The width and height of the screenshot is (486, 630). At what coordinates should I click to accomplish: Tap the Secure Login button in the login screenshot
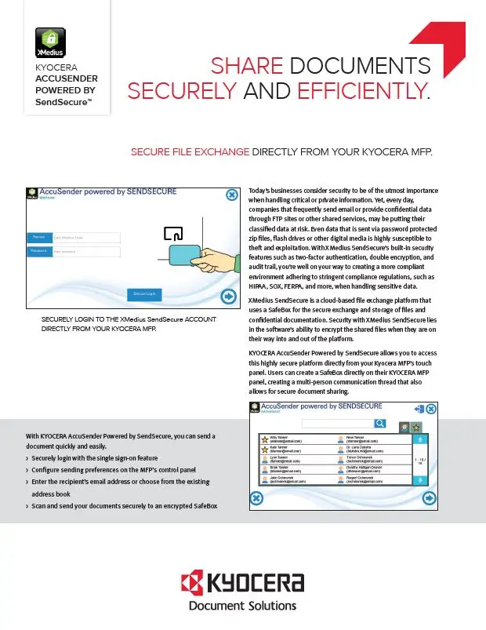click(x=144, y=293)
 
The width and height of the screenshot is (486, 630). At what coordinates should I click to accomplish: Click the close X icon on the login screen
click(x=232, y=195)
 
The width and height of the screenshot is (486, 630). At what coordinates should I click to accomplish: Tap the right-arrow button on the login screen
click(x=229, y=296)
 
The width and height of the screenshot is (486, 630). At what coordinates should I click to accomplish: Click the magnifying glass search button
click(x=379, y=424)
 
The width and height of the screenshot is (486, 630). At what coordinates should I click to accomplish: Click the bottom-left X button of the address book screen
click(x=256, y=497)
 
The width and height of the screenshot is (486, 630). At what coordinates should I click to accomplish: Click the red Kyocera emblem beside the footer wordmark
click(x=192, y=584)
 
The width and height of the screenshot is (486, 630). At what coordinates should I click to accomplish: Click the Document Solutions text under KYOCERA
click(x=242, y=605)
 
